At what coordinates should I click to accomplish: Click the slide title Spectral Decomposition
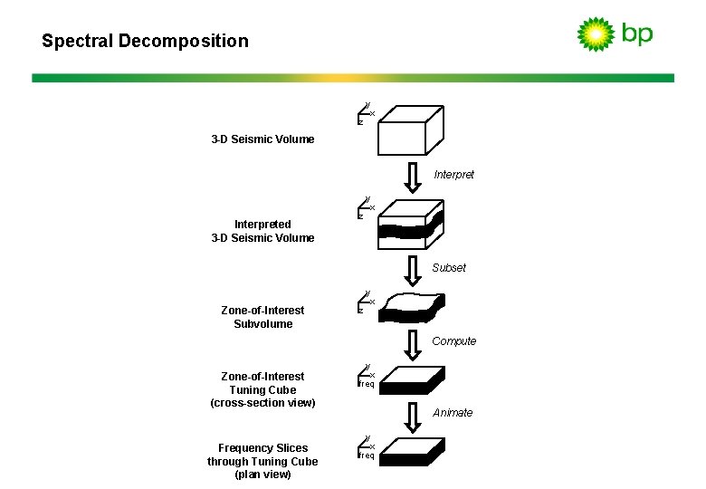click(145, 41)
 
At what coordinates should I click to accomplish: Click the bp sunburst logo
click(596, 34)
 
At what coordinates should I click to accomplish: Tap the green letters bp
click(636, 34)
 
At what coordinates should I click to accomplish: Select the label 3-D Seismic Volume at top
click(262, 139)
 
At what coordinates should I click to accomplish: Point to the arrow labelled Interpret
click(412, 177)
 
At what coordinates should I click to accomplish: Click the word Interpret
click(453, 175)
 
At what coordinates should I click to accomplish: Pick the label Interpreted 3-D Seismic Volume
click(262, 231)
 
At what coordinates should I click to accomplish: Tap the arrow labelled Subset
click(412, 270)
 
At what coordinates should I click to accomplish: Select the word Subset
click(449, 268)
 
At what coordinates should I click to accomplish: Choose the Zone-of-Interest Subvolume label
click(262, 317)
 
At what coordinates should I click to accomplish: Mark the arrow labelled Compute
click(412, 343)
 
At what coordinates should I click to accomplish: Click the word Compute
click(453, 341)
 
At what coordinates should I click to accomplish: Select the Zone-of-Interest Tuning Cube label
click(262, 389)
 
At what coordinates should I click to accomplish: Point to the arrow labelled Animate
click(412, 416)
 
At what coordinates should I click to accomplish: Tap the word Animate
click(453, 413)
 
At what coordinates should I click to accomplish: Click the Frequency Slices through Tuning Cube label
click(262, 461)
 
